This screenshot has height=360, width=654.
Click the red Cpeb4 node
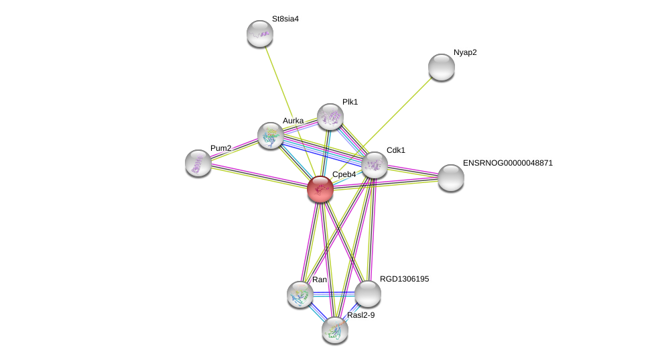click(320, 188)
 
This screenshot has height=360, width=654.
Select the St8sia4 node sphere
click(260, 34)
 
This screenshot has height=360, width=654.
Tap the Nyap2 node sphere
click(442, 67)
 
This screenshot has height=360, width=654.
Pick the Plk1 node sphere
click(330, 117)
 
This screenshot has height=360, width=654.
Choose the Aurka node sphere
click(271, 135)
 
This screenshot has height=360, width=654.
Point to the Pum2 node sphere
click(198, 163)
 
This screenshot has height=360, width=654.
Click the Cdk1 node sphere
click(375, 165)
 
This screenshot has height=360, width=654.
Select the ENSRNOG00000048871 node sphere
click(451, 178)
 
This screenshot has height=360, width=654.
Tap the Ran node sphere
click(300, 294)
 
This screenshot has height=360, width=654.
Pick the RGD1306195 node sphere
click(368, 294)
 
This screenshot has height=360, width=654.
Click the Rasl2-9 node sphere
click(335, 329)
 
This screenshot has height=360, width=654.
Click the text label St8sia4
click(285, 19)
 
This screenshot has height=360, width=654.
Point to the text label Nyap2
click(465, 52)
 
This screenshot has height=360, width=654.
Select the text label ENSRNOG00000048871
click(508, 163)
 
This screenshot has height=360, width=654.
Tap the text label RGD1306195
click(405, 278)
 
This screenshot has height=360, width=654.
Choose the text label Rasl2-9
click(361, 314)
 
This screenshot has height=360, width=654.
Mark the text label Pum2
click(220, 148)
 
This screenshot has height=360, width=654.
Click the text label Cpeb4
click(344, 174)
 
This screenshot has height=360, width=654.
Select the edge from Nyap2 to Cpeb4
click(402, 107)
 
